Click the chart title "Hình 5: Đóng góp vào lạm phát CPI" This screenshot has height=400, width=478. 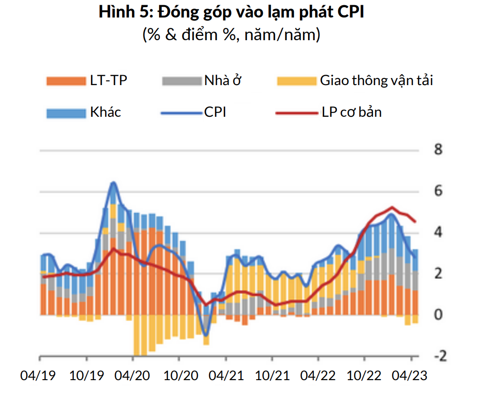pos(231,13)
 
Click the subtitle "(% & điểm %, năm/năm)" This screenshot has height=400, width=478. pos(231,35)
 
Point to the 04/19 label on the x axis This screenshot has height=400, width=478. pos(38,376)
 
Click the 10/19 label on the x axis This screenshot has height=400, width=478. pos(87,376)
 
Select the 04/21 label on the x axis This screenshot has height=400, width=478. pos(227,376)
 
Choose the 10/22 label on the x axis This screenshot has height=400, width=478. pos(365,376)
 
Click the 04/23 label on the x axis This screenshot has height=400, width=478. pos(411,376)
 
